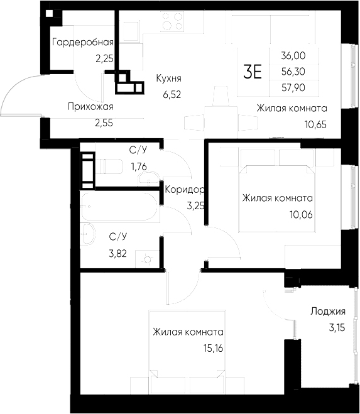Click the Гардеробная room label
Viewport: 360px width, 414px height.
(x=82, y=43)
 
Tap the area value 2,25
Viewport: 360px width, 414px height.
(x=104, y=58)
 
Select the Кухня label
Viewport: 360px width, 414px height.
(x=168, y=79)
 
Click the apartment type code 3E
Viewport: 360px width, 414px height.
(x=252, y=72)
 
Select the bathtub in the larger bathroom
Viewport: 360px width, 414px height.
(x=119, y=207)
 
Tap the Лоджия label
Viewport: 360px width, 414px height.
(x=327, y=311)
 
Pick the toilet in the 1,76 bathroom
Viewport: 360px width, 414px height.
(x=110, y=166)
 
